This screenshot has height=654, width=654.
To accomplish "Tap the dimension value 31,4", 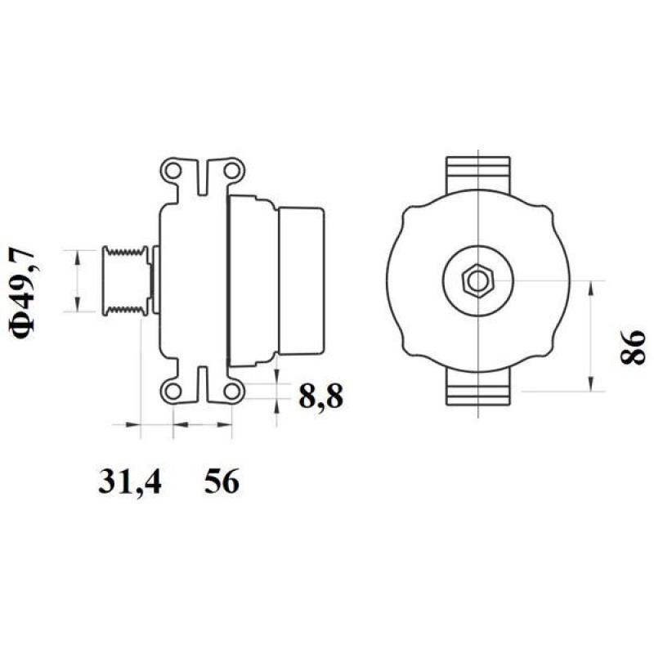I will click(x=130, y=482).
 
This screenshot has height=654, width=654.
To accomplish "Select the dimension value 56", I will click(x=222, y=482).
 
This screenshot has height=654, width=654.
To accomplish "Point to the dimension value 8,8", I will click(x=319, y=398).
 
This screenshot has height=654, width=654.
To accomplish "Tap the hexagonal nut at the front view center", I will click(x=476, y=280).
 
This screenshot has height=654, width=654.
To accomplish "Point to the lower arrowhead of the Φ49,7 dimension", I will click(x=78, y=306).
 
